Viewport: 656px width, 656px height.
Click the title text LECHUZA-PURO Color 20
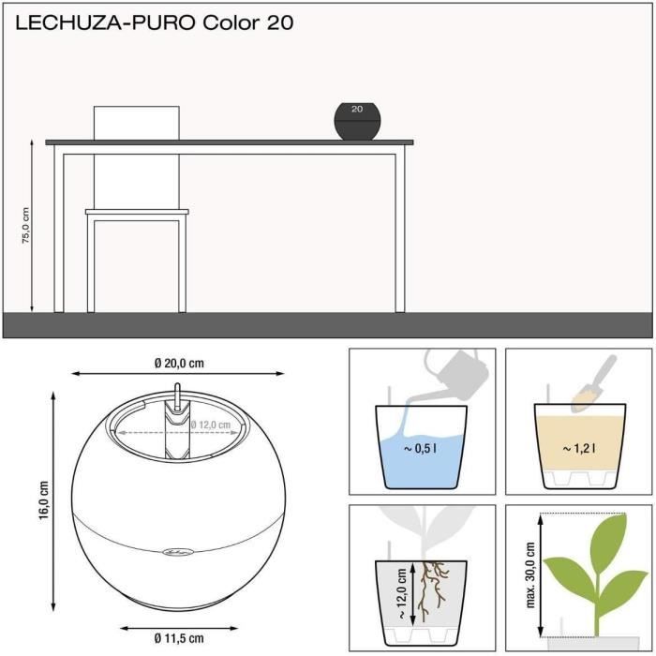point(154,23)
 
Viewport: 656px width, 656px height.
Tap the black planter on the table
point(357,122)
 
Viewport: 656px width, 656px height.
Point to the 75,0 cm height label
point(26,226)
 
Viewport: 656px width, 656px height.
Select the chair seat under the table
point(137,213)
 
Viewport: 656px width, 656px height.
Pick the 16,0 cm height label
point(43,500)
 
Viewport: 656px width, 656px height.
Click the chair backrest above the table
point(137,123)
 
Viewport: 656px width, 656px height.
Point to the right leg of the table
point(400,231)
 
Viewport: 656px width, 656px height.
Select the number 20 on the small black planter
point(356,109)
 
